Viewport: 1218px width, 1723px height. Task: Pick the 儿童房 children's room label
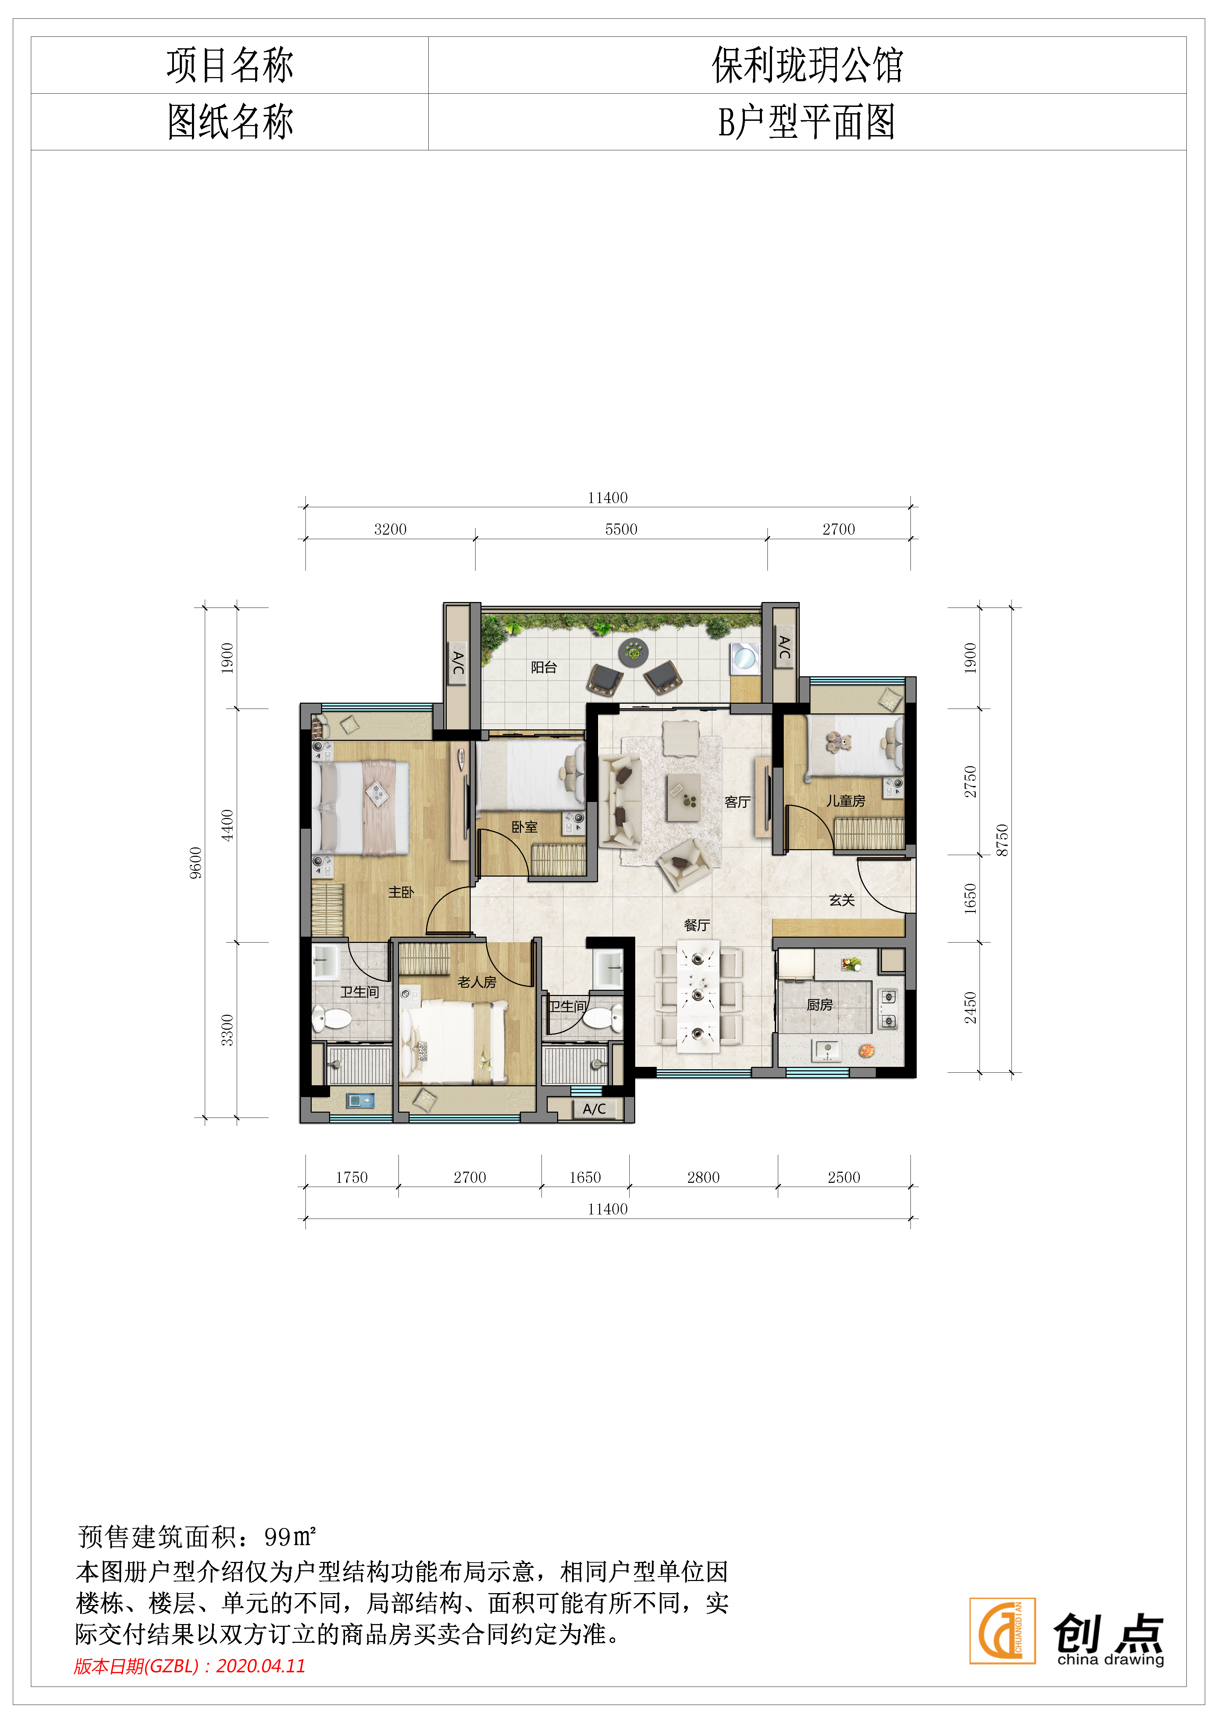846,801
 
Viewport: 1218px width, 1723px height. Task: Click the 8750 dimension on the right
1002,840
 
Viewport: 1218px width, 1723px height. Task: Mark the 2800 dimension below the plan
703,1178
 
